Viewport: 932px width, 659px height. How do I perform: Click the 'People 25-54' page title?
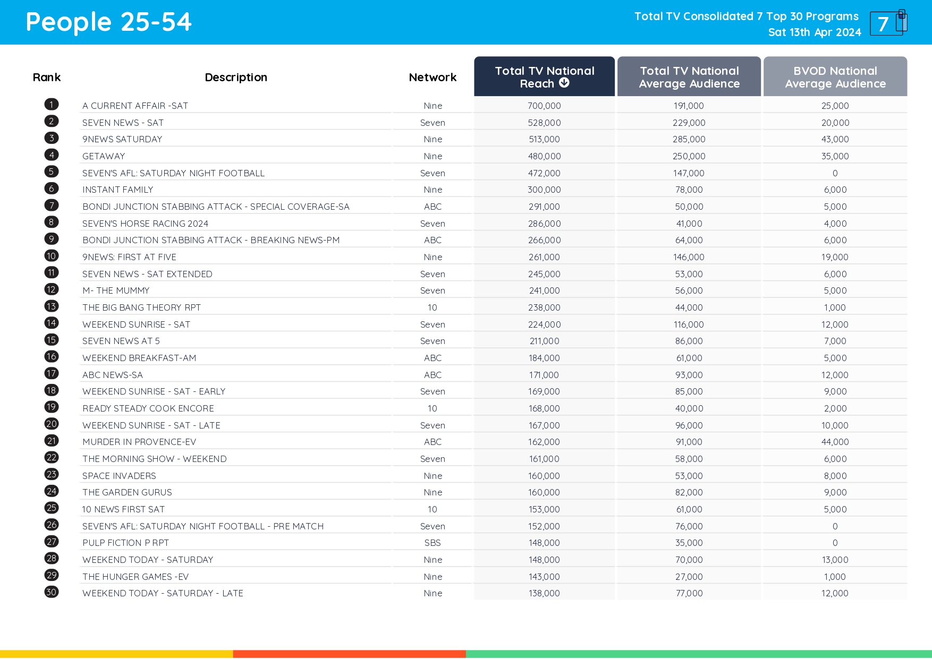point(108,22)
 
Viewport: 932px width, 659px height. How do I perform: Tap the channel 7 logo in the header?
point(888,23)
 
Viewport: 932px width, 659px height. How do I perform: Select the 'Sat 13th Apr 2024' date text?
point(814,32)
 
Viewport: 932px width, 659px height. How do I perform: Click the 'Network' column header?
point(433,78)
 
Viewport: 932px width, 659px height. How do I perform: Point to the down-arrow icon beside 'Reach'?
point(564,83)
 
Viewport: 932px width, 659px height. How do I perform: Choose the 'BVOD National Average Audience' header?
point(835,78)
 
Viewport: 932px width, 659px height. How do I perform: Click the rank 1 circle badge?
point(52,105)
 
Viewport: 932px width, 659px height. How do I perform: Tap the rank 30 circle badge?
point(52,592)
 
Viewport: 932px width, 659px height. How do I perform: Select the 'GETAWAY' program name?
point(104,156)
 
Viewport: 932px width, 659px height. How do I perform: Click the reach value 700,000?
point(544,106)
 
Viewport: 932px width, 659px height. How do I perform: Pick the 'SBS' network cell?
point(433,543)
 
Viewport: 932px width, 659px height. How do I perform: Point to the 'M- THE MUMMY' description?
point(116,290)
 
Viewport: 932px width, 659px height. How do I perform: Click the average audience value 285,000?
point(689,139)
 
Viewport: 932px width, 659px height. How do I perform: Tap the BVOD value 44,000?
point(835,442)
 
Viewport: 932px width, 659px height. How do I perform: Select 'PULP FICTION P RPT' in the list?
point(125,543)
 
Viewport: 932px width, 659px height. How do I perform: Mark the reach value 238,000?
point(544,307)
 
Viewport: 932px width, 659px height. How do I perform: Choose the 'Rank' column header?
point(47,78)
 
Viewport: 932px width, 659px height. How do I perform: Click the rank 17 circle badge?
point(52,374)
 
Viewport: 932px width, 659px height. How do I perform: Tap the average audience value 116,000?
point(689,324)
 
